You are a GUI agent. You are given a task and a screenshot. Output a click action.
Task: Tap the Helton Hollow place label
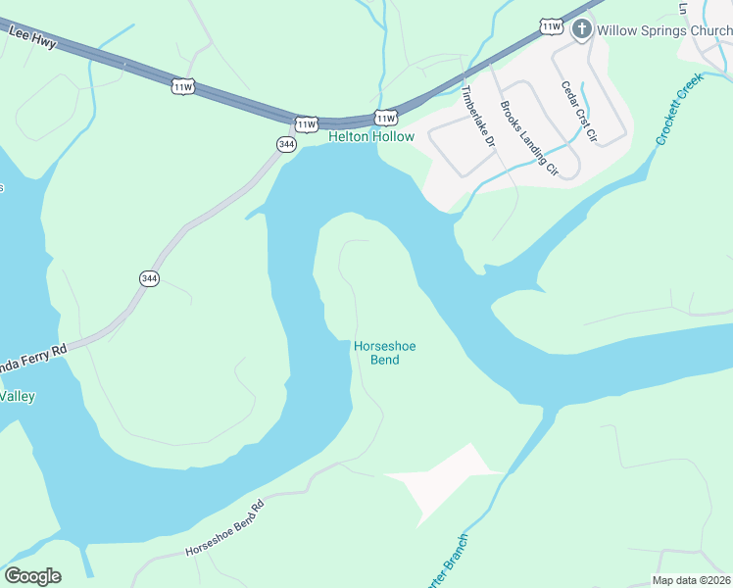pyautogui.click(x=370, y=136)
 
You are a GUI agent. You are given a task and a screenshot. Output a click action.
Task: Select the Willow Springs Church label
pyautogui.click(x=664, y=29)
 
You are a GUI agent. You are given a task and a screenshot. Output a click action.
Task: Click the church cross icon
pyautogui.click(x=581, y=28)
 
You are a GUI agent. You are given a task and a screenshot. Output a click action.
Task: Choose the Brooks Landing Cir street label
pyautogui.click(x=528, y=138)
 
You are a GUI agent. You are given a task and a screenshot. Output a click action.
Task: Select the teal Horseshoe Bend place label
pyautogui.click(x=377, y=353)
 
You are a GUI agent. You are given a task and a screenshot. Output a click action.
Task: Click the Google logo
pyautogui.click(x=32, y=576)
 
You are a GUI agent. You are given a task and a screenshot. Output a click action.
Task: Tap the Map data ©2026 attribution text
pyautogui.click(x=690, y=580)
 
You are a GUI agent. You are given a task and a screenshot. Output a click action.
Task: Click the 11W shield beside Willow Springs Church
pyautogui.click(x=552, y=26)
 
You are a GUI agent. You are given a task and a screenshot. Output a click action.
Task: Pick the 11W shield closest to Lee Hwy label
pyautogui.click(x=182, y=86)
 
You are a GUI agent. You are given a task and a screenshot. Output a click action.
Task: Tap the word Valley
pyautogui.click(x=17, y=396)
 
